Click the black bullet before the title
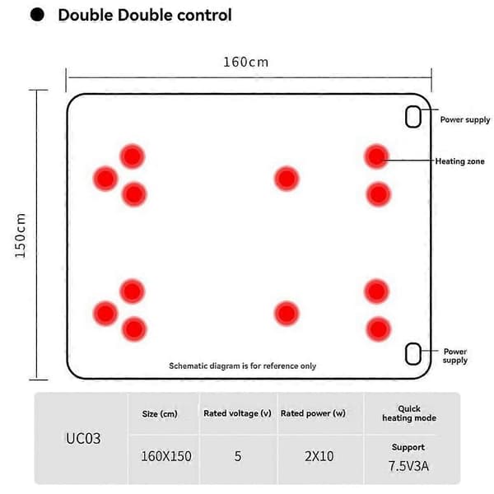(37, 15)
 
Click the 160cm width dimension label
(245, 62)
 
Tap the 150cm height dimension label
(21, 235)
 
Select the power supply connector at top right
(413, 117)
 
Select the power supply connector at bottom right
(413, 354)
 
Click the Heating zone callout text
(459, 161)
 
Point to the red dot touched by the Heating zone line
(376, 156)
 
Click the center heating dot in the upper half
(287, 179)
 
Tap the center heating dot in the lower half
(287, 314)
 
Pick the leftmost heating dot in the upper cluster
(105, 179)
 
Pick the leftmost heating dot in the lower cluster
(105, 314)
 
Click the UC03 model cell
(83, 438)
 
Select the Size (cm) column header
(160, 413)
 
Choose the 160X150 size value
(166, 456)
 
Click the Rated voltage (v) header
(238, 413)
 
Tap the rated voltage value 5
(238, 456)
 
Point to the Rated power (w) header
(313, 413)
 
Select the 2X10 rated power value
(319, 456)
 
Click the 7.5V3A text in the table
(408, 466)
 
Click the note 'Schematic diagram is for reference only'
(243, 366)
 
